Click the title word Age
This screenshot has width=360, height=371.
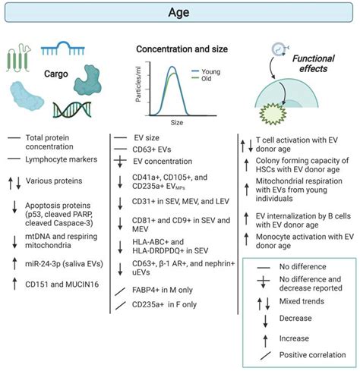[x=180, y=12]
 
